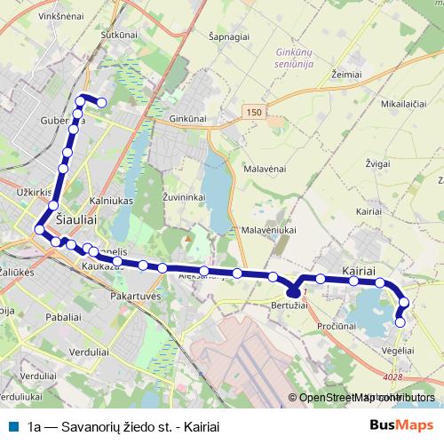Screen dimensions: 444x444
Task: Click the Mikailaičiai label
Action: [x=404, y=105]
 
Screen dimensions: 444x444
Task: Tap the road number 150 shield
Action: [x=255, y=111]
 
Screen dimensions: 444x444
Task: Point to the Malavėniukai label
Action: [x=267, y=229]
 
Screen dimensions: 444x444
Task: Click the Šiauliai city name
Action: [x=75, y=216]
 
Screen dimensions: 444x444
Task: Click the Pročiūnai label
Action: [x=337, y=327]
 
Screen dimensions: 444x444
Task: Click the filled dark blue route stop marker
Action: [x=294, y=291]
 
